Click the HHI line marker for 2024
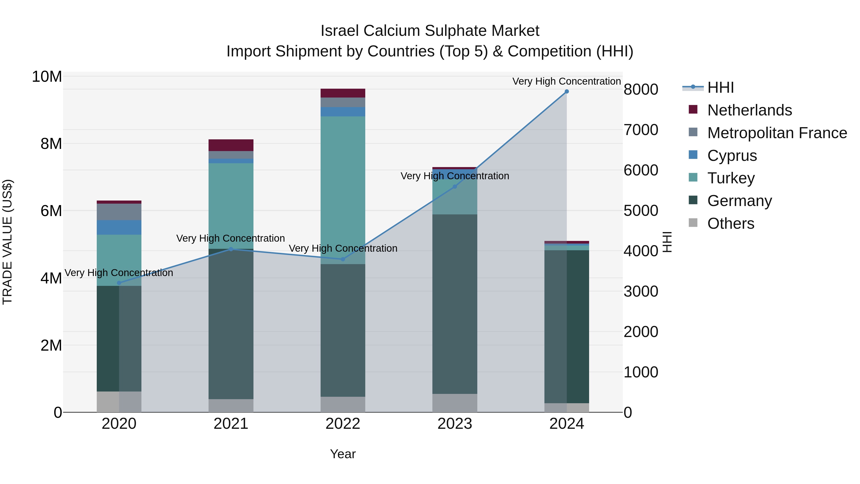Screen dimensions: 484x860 click(567, 92)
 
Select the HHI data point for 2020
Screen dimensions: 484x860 click(119, 283)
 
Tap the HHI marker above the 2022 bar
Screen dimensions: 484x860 click(343, 259)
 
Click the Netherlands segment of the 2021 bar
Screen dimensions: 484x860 click(231, 145)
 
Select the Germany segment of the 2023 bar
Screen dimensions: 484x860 click(455, 304)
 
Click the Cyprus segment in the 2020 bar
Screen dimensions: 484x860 click(119, 228)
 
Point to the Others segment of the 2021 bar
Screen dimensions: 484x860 click(231, 406)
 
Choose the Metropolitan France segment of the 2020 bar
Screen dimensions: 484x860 click(119, 212)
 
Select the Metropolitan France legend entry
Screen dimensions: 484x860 click(777, 133)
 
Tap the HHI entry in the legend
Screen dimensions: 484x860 click(720, 87)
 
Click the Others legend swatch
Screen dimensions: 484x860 click(693, 223)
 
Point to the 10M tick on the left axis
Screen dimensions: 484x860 click(47, 76)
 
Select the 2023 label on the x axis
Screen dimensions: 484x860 click(455, 424)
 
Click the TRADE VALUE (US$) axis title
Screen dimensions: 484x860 click(7, 242)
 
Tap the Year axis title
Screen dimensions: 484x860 click(343, 454)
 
